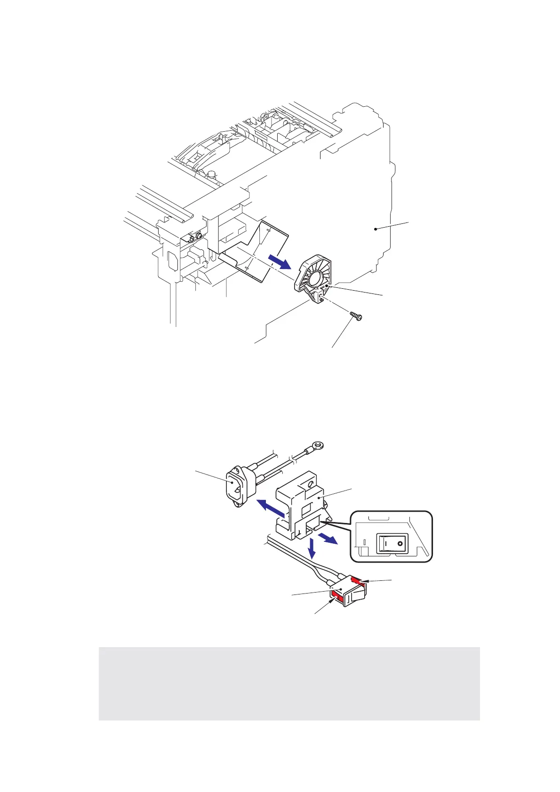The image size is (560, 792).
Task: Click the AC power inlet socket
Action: coord(236,490)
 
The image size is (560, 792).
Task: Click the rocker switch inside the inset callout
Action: coord(391,544)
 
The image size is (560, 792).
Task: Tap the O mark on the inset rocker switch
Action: coord(400,544)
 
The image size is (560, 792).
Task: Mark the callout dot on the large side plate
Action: coord(376,229)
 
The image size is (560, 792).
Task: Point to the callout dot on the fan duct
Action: coord(326,285)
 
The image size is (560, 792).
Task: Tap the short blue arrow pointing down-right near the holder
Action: coord(328,539)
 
